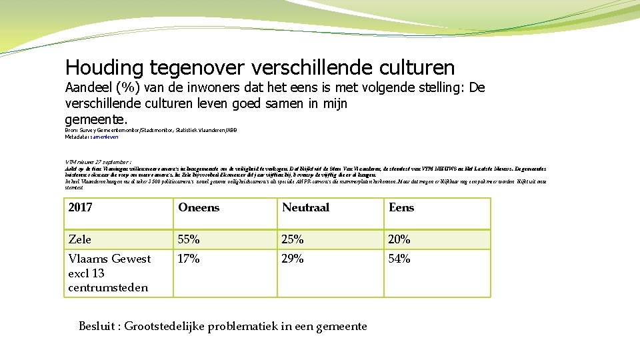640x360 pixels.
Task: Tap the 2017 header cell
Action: tap(80, 207)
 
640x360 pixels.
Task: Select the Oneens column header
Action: tap(199, 207)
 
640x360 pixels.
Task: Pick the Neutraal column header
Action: tap(305, 207)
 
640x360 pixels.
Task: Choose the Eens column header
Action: tap(401, 207)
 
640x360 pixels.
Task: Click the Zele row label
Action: tap(80, 239)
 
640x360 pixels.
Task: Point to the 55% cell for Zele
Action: tap(189, 239)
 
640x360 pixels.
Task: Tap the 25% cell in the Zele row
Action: tap(293, 239)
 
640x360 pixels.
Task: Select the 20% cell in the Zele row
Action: tap(399, 239)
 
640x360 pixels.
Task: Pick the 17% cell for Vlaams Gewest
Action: tap(189, 259)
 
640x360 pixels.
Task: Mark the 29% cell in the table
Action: tap(293, 259)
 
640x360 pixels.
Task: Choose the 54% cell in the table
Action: tap(399, 259)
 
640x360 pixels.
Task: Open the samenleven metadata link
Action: tap(105, 137)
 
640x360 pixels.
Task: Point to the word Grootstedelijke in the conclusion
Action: tap(169, 326)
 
